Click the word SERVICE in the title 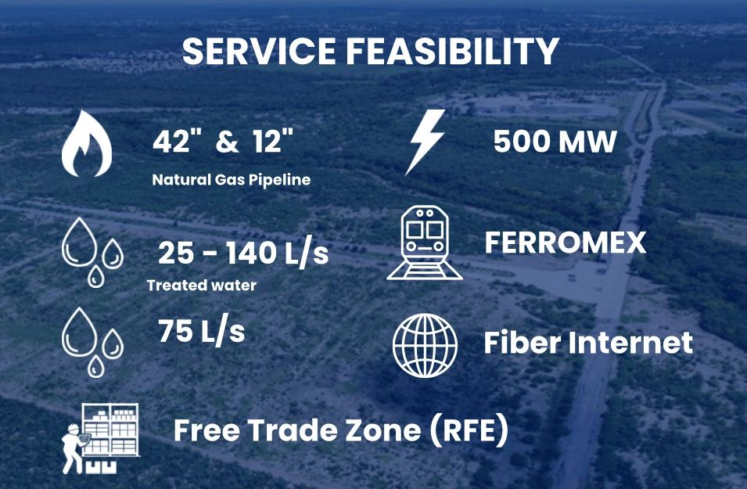coord(259,51)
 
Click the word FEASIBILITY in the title coord(452,51)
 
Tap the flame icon coord(87,143)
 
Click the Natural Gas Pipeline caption coord(232,180)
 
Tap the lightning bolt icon coord(426,142)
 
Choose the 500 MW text coord(555,142)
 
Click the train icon coord(424,243)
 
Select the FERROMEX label coord(566,242)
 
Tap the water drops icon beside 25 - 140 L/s coord(92,252)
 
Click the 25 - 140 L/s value coord(243,253)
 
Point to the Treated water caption coord(202,285)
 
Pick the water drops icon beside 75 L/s coord(92,342)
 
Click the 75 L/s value coord(202,331)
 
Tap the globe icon coord(425,346)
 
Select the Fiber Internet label coord(588,342)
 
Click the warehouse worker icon coord(101,438)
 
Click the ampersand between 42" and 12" coord(227,142)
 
